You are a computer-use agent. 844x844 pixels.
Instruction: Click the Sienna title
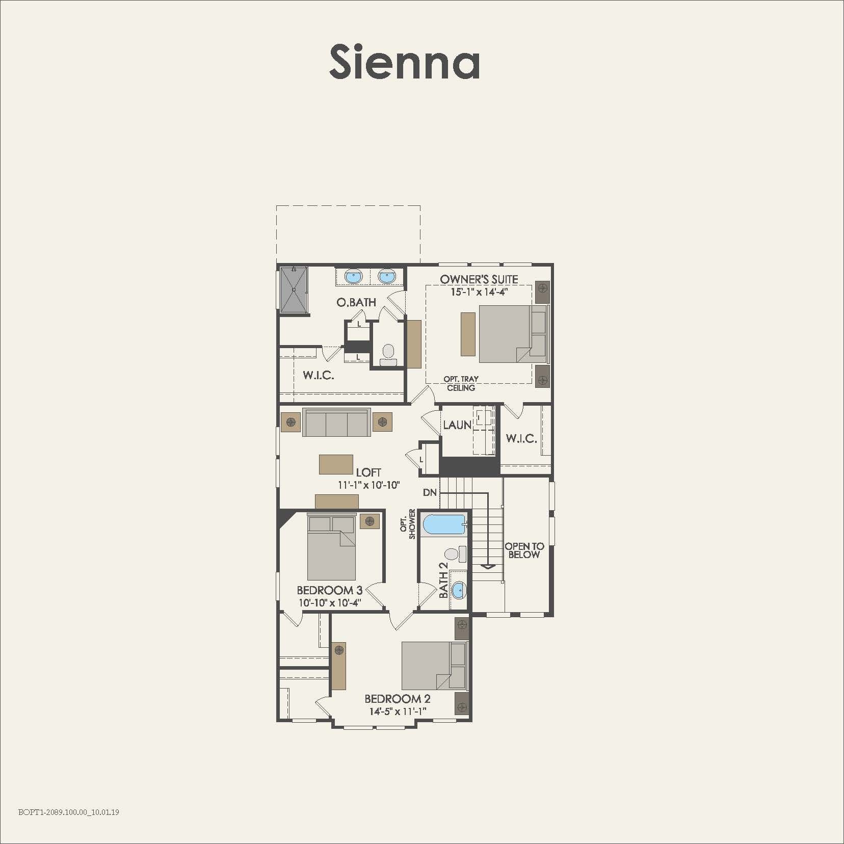click(x=404, y=61)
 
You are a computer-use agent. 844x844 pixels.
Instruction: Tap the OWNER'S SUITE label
click(x=479, y=279)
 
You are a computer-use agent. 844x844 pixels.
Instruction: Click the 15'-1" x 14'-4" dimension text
click(x=479, y=292)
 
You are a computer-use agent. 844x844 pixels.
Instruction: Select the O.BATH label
click(x=356, y=302)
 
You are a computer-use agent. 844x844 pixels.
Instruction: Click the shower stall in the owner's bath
click(x=294, y=289)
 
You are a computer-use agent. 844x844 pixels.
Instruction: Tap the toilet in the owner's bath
click(x=388, y=354)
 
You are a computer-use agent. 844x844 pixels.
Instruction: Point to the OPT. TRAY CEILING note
click(x=461, y=383)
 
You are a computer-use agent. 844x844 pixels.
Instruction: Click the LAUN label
click(x=457, y=425)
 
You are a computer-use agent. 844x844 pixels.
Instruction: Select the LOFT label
click(x=368, y=473)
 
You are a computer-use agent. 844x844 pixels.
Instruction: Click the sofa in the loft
click(x=336, y=423)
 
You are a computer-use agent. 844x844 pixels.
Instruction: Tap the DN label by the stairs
click(x=430, y=492)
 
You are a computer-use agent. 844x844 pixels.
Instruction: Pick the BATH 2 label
click(x=444, y=581)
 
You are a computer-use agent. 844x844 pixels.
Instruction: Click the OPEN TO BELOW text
click(x=524, y=550)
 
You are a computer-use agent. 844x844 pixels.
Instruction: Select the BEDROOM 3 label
click(x=329, y=590)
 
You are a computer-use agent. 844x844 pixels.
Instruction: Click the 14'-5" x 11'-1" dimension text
click(x=398, y=711)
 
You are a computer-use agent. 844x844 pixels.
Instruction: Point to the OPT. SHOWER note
click(x=408, y=524)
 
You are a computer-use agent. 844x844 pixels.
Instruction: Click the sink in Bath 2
click(x=459, y=590)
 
